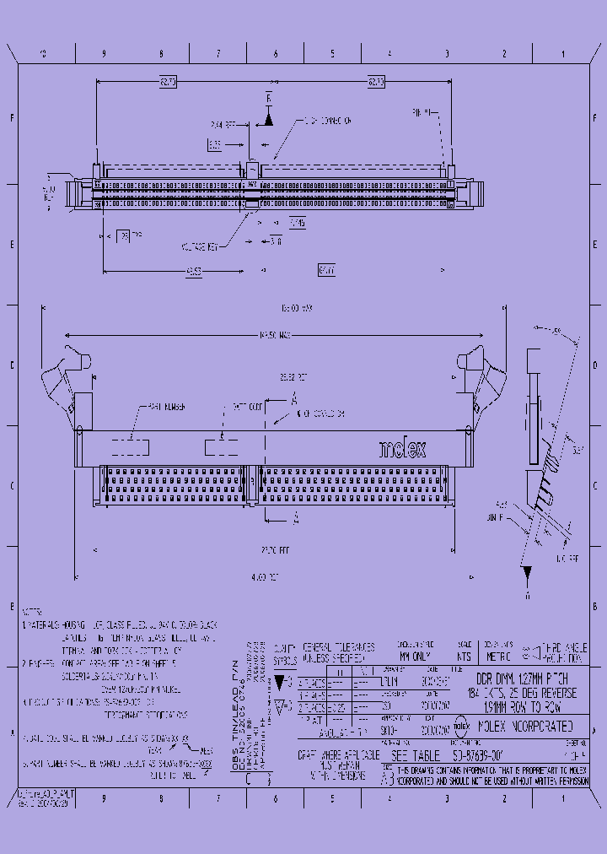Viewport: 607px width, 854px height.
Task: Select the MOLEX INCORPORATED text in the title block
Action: [x=525, y=726]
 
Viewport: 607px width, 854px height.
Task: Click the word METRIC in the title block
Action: [x=498, y=654]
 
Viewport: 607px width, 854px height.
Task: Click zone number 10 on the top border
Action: [x=45, y=54]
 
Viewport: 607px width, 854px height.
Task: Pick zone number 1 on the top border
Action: [x=561, y=54]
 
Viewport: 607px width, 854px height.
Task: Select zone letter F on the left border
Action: [x=12, y=118]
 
